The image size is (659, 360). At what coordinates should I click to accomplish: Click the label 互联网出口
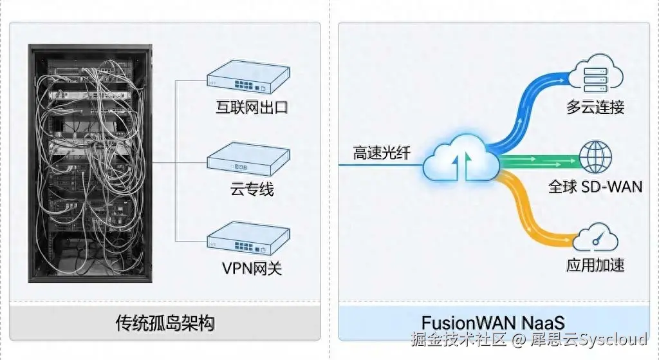(x=252, y=106)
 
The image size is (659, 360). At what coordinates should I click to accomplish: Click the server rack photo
(x=90, y=163)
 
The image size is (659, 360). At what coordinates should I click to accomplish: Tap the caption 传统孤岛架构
(x=165, y=322)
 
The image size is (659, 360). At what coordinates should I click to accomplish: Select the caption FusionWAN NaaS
(x=493, y=322)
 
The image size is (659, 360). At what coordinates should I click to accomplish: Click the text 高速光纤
(x=381, y=153)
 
